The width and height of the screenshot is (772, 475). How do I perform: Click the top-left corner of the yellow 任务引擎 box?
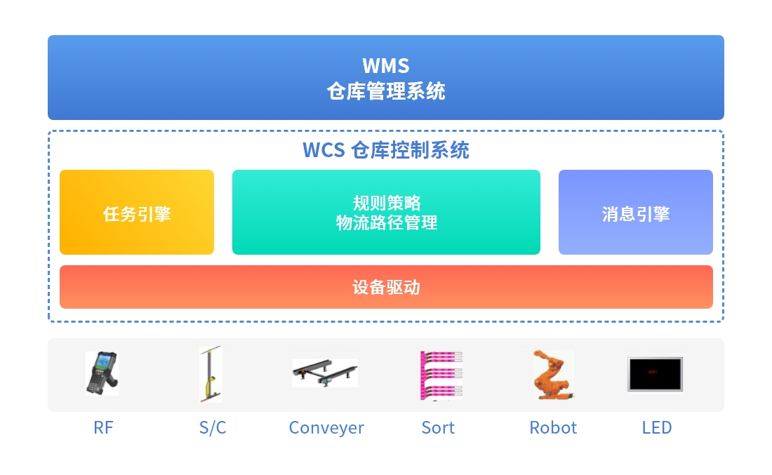(60, 170)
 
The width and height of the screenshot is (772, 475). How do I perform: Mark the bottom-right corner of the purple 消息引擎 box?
(712, 254)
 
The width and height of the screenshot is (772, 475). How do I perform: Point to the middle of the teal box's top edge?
(386, 170)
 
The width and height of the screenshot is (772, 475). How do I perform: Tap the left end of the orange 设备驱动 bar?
(60, 287)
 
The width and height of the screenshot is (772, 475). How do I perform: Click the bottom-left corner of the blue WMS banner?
(48, 119)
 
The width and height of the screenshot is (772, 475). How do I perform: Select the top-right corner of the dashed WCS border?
(724, 131)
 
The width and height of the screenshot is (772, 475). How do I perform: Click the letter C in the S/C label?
(220, 428)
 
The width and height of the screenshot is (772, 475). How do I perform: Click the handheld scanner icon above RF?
(102, 373)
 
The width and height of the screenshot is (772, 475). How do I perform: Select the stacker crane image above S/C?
(211, 374)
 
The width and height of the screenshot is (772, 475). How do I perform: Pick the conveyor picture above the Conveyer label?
(325, 373)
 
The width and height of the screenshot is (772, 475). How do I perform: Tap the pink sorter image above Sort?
(441, 375)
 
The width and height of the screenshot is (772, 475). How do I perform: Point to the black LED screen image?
(655, 375)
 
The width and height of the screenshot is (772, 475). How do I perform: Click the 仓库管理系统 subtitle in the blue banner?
(386, 91)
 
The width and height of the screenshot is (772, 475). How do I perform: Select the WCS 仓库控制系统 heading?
(386, 150)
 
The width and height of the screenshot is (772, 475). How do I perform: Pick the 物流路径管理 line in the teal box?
(387, 222)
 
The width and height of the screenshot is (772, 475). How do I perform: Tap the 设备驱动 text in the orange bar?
(387, 287)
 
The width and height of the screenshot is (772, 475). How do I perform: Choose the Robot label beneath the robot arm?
(553, 428)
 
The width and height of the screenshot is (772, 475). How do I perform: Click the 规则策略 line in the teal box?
(387, 203)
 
